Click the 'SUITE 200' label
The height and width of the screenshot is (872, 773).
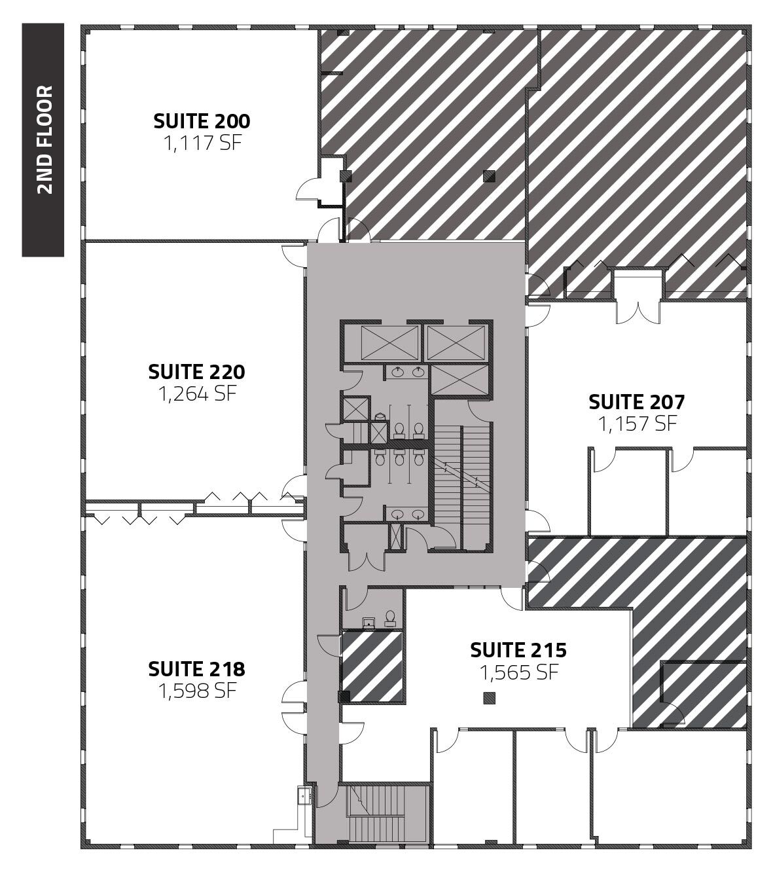pyautogui.click(x=202, y=121)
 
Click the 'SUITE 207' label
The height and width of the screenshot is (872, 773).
pyautogui.click(x=636, y=401)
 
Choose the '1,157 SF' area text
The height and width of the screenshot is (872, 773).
pyautogui.click(x=636, y=424)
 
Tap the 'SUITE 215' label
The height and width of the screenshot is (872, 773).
pyautogui.click(x=518, y=650)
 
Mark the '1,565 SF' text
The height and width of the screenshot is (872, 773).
pyautogui.click(x=518, y=672)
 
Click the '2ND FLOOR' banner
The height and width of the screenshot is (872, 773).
pyautogui.click(x=43, y=140)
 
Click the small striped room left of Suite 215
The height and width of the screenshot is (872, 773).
pyautogui.click(x=372, y=666)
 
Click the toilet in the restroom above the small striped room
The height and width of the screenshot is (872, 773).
pyautogui.click(x=391, y=617)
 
